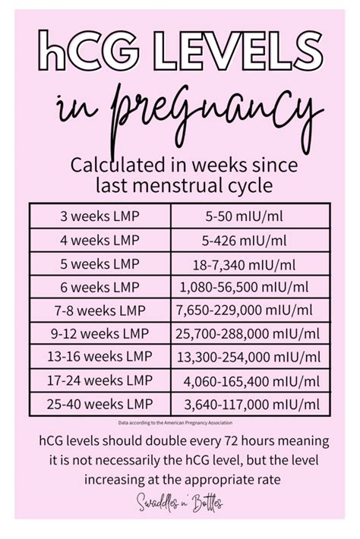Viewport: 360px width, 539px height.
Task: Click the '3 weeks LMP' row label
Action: [99, 216]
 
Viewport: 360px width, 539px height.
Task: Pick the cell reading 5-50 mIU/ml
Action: [251, 216]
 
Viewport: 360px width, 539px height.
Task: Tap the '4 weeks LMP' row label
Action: [99, 240]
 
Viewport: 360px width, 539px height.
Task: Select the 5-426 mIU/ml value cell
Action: [251, 240]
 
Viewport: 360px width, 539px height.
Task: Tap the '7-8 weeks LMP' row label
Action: [99, 310]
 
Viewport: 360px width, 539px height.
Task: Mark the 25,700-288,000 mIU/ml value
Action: [251, 333]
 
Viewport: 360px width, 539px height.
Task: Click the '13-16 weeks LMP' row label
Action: [99, 356]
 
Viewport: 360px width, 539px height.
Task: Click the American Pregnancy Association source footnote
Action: [179, 422]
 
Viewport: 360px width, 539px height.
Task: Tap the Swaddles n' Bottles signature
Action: [180, 502]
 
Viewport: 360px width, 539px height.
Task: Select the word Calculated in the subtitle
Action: [110, 165]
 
